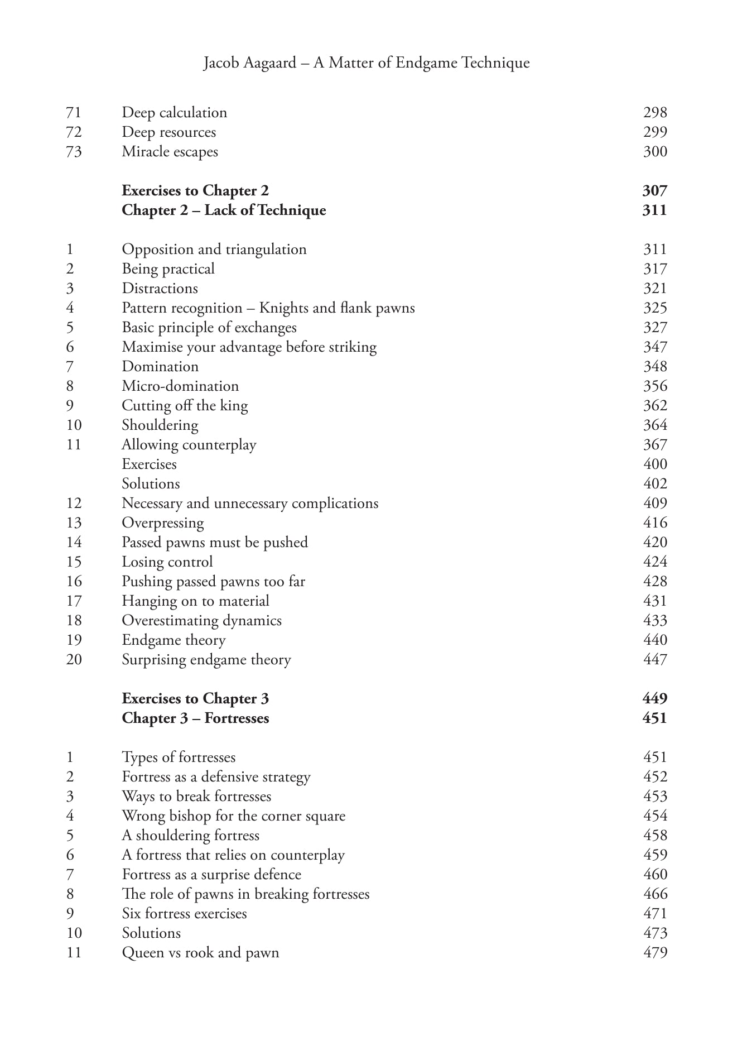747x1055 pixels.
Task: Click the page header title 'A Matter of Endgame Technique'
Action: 421,63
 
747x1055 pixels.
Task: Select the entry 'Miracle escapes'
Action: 170,152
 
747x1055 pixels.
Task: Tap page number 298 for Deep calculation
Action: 654,113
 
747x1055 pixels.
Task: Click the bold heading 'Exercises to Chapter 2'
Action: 195,191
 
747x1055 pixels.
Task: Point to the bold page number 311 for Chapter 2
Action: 654,210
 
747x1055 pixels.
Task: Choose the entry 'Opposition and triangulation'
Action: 214,250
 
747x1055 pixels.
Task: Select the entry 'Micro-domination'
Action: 180,386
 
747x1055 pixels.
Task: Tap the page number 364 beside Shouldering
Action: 654,425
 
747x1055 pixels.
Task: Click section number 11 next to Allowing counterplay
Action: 74,445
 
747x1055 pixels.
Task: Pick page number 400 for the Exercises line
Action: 654,464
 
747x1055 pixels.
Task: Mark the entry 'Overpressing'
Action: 163,523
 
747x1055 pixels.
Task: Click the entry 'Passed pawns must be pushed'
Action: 215,543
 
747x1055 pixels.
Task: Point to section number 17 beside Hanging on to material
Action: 74,601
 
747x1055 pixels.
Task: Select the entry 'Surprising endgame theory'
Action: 206,660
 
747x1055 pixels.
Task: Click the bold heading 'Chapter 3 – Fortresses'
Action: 195,718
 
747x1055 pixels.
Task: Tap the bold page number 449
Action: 654,699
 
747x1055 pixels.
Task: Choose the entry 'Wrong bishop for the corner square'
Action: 234,816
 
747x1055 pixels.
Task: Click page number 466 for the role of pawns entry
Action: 654,894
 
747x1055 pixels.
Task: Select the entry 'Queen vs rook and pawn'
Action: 200,953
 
